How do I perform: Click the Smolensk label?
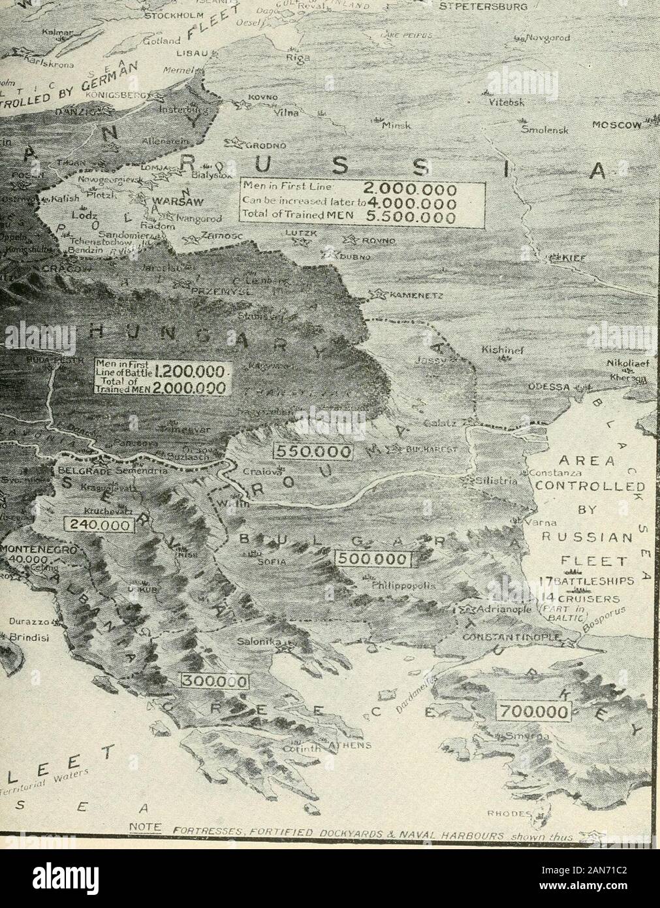(547, 129)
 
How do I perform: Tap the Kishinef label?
(499, 349)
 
